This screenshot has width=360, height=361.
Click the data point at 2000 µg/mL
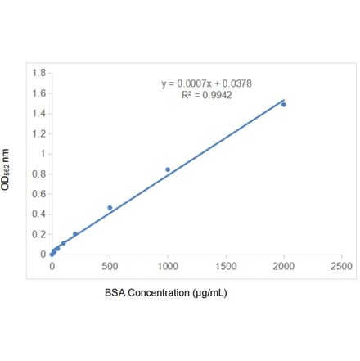pos(284,104)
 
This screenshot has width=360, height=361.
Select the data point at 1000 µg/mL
pos(168,169)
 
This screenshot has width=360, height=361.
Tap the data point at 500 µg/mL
pos(110,207)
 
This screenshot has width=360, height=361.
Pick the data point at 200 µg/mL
pos(75,234)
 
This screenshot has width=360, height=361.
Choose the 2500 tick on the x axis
pos(342,267)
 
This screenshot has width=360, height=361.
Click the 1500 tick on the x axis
pos(226,267)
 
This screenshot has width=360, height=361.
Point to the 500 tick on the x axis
pos(110,267)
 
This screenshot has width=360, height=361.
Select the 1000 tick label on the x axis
pos(168,267)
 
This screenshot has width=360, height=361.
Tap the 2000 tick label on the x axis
pos(284,267)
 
